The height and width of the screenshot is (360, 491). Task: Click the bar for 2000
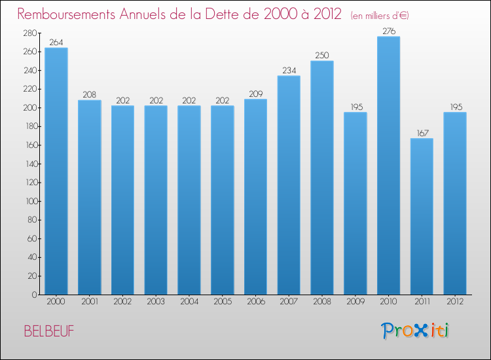(56, 171)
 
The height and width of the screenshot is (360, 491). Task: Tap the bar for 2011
(422, 216)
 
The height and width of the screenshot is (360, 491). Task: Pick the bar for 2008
(321, 177)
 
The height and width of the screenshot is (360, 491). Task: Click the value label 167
(422, 133)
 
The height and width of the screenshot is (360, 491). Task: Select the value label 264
(56, 43)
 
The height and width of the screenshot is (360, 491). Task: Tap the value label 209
(255, 94)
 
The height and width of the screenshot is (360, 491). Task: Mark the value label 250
(321, 55)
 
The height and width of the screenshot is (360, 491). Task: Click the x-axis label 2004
(189, 302)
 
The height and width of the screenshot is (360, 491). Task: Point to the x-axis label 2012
(455, 302)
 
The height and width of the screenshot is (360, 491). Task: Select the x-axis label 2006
(255, 302)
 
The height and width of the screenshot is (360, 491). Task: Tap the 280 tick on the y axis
(28, 33)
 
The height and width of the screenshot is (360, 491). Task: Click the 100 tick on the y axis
(28, 202)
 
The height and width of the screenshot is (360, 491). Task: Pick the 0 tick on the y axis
(33, 295)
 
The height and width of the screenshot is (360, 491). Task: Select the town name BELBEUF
(49, 331)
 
